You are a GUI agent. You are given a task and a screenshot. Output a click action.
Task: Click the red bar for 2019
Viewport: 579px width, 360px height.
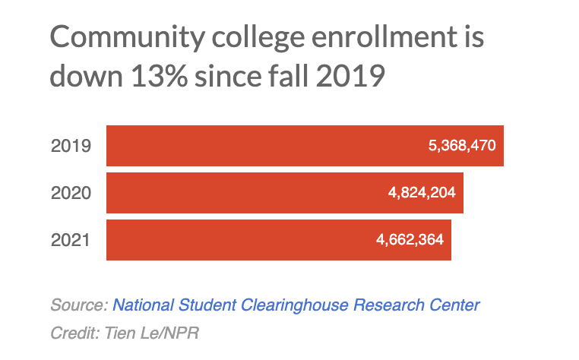[266, 145]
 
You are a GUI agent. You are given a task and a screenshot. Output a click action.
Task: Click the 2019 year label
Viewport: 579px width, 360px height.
[71, 146]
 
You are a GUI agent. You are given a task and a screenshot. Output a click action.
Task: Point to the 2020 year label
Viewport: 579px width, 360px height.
[71, 193]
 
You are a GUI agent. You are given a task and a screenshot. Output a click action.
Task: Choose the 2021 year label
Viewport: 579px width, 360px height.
[71, 241]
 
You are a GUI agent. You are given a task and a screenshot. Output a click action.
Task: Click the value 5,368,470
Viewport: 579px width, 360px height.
[462, 145]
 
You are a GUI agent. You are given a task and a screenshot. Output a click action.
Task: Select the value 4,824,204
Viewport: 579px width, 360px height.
[421, 193]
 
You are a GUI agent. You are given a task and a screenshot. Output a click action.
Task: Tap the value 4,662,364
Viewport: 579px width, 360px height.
[410, 240]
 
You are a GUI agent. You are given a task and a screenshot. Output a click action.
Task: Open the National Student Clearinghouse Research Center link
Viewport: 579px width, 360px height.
[296, 305]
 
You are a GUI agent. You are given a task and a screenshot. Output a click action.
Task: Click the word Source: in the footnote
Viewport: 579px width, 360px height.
[79, 305]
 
